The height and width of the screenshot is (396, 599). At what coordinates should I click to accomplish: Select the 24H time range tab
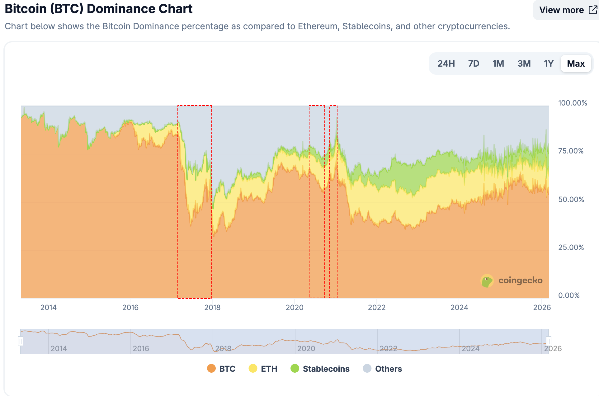pos(446,64)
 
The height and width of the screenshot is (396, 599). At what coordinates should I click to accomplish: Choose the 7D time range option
pos(473,64)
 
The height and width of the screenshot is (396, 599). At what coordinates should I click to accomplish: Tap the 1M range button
pos(498,64)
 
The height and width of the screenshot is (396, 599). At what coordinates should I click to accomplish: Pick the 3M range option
pos(524,64)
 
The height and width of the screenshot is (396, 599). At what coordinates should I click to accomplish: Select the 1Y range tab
pos(548,64)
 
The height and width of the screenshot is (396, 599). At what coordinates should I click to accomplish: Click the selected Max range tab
pos(576,64)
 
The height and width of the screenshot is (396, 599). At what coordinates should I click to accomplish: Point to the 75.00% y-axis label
pos(571,151)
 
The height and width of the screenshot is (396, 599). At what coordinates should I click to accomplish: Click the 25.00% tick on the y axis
pos(571,247)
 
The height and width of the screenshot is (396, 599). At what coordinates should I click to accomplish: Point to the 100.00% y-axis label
pos(572,103)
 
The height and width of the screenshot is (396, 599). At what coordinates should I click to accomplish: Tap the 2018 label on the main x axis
pos(212,308)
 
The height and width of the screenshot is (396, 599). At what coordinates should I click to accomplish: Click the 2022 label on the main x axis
pos(377,308)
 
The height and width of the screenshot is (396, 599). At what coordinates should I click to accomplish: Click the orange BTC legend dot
pos(211,368)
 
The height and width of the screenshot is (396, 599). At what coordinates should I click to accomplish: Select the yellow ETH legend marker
pos(253,368)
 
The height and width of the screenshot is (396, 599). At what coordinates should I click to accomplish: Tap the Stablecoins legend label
pos(326,369)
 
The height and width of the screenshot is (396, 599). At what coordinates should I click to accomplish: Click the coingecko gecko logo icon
pos(487,281)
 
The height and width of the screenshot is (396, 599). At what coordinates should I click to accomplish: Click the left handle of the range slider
pos(21,341)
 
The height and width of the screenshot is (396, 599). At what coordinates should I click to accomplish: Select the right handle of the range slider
pos(549,341)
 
